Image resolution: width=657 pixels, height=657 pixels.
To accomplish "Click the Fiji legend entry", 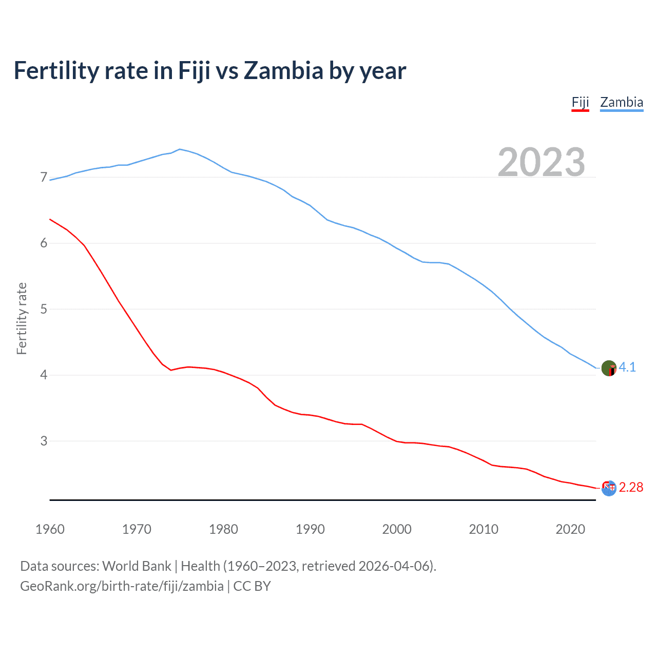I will pos(580,102).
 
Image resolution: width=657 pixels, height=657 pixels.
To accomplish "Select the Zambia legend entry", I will pos(621,102).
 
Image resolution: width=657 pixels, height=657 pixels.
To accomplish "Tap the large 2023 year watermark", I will pos(541,162).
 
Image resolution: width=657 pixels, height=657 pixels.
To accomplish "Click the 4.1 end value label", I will pos(627,367).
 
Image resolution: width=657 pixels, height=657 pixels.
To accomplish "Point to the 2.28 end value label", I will pos(631,487).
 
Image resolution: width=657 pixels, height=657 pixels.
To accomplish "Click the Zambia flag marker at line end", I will pos(609,368).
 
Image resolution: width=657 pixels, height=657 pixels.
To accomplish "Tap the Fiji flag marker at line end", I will pos(609,488).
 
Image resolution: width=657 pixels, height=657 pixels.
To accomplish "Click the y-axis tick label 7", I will pos(44,178).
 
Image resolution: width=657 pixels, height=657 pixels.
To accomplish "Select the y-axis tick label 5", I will pos(44,309).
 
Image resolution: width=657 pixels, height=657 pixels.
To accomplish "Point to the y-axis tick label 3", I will pos(44,441).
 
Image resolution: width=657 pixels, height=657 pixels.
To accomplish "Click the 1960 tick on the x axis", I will pos(50,529).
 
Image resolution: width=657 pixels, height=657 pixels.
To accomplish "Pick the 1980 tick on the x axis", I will pos(223,529).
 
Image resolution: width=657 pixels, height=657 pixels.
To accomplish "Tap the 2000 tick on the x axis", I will pos(397,529).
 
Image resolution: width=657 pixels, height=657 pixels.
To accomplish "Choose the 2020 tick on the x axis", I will pos(570,529).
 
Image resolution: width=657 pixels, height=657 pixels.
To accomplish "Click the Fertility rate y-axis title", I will pos(22,318).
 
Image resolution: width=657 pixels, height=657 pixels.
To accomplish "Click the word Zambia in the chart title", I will pos(283,70).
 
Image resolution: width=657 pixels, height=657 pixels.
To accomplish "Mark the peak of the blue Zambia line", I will pos(180,149).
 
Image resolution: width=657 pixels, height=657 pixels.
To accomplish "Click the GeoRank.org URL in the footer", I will pos(122,586).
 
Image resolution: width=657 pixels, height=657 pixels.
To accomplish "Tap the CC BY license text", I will pos(252,586).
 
